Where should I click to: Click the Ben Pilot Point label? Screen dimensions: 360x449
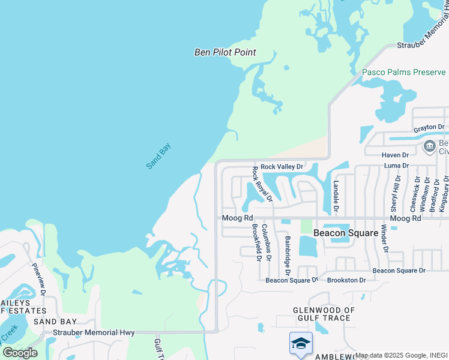[225, 52]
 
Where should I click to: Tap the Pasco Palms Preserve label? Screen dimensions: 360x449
[403, 72]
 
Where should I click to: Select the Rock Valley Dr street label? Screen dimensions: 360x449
[282, 166]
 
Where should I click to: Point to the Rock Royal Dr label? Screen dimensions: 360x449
[262, 184]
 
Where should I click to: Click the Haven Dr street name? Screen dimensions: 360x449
[396, 155]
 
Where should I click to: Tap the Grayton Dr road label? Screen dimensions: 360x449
[429, 128]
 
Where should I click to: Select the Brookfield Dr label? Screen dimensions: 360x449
[256, 242]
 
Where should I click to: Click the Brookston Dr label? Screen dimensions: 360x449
[346, 280]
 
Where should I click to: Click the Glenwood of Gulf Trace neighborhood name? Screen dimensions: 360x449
[315, 314]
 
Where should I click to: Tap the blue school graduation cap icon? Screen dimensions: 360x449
[301, 343]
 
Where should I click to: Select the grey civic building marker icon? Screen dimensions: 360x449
[429, 146]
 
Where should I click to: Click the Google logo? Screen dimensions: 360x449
[20, 352]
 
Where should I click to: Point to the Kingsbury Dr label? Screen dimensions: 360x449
[445, 193]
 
